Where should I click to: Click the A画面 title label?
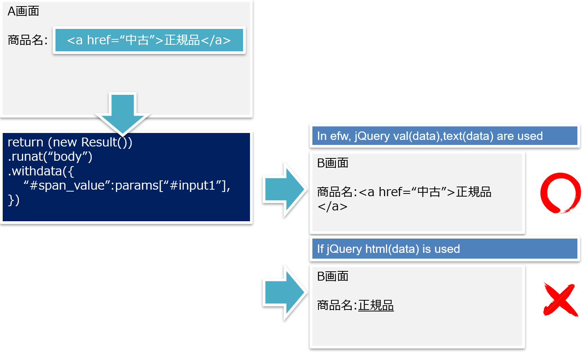click(23, 11)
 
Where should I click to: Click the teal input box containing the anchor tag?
click(149, 40)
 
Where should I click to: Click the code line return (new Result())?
click(70, 142)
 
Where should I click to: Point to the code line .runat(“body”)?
click(50, 156)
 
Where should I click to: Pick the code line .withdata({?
click(40, 171)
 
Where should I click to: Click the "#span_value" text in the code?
click(67, 185)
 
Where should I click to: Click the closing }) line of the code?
click(13, 200)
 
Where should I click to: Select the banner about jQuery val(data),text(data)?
click(444, 136)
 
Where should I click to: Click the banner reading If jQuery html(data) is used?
click(444, 249)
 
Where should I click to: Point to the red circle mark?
click(560, 193)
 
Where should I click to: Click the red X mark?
click(560, 299)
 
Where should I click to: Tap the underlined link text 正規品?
click(376, 305)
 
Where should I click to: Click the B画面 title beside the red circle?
click(333, 163)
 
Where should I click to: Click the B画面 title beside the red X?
click(333, 276)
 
